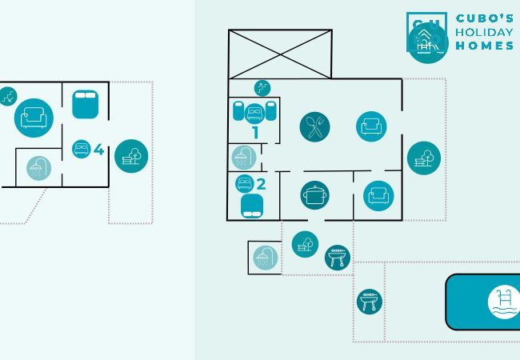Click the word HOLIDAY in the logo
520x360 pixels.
pyautogui.click(x=484, y=32)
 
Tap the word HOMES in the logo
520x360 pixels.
pyautogui.click(x=485, y=46)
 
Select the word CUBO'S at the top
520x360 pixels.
pyautogui.click(x=485, y=18)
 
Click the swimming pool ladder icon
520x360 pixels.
pyautogui.click(x=504, y=302)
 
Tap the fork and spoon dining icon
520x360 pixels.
pyautogui.click(x=314, y=127)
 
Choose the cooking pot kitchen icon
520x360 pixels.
pyautogui.click(x=314, y=195)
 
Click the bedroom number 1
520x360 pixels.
pyautogui.click(x=255, y=133)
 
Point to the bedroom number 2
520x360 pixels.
pyautogui.click(x=261, y=184)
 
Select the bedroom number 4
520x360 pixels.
pyautogui.click(x=98, y=150)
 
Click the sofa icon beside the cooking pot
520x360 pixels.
pyautogui.click(x=378, y=195)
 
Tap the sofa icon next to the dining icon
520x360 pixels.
pyautogui.click(x=371, y=126)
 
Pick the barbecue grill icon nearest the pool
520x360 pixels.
pyautogui.click(x=370, y=302)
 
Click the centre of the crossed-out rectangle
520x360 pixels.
pyautogui.click(x=280, y=54)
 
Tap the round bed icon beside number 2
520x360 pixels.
pyautogui.click(x=245, y=183)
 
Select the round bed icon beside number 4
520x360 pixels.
pyautogui.click(x=82, y=149)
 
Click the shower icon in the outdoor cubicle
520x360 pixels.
pyautogui.click(x=266, y=258)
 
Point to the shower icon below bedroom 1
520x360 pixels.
pyautogui.click(x=244, y=158)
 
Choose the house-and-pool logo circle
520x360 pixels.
pyautogui.click(x=428, y=42)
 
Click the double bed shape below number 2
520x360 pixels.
pyautogui.click(x=252, y=206)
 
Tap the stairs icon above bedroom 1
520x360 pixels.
pyautogui.click(x=262, y=88)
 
